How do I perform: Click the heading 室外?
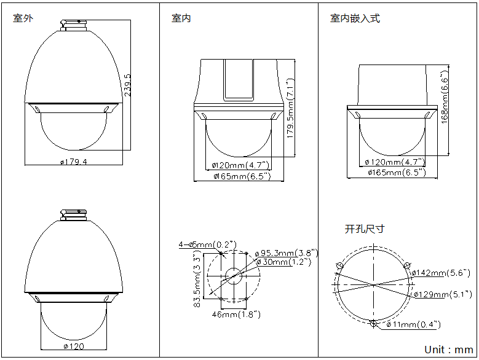click(23, 18)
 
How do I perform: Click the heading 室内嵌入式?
click(355, 18)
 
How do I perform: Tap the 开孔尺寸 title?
click(365, 229)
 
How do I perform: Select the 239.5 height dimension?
click(127, 85)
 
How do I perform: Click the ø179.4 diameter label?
click(74, 162)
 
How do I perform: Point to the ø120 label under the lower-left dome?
click(74, 346)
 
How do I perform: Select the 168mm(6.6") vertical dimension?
click(445, 96)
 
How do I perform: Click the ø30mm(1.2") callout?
click(283, 262)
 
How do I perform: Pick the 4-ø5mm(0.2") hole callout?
click(207, 245)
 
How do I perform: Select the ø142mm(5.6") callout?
click(440, 273)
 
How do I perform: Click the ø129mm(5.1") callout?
click(440, 294)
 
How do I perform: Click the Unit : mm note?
click(448, 350)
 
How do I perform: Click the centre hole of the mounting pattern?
click(234, 275)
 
